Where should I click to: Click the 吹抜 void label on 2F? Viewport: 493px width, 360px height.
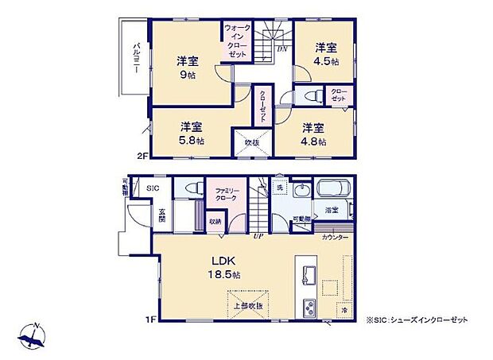(x=251, y=143)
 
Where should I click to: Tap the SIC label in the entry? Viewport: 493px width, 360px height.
(x=153, y=188)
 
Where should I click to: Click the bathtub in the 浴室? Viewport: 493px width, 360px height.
(x=332, y=192)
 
